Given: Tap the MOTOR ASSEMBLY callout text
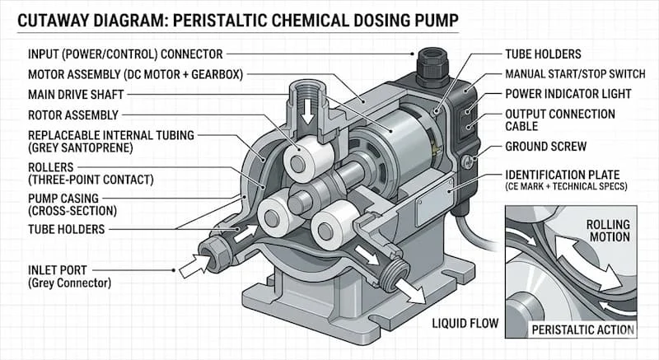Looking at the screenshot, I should pos(124,75).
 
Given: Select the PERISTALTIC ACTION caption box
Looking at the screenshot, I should pos(584,330).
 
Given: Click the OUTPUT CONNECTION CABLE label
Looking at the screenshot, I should pos(559,120).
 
